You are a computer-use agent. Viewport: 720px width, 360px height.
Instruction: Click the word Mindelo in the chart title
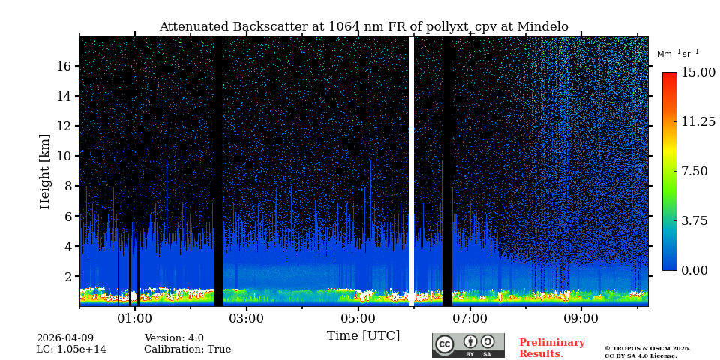point(544,27)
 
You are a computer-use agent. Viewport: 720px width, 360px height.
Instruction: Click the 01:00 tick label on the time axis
point(135,319)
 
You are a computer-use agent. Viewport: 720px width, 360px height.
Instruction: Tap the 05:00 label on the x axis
point(358,319)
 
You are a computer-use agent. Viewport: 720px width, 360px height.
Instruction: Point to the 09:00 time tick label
point(581,319)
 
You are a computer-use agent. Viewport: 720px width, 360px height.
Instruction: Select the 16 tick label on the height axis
point(63,66)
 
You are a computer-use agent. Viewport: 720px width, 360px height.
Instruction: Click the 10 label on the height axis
point(63,156)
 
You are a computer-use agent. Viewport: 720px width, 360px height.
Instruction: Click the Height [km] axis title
point(45,171)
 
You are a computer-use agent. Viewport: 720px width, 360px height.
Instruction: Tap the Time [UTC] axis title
point(364,336)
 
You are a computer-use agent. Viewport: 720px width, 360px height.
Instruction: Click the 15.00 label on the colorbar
point(697,73)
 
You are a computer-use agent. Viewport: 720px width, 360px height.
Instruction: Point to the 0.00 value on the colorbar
point(694,270)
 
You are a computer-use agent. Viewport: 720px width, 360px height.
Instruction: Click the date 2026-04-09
point(65,338)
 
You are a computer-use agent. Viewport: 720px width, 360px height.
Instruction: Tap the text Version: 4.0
point(174,338)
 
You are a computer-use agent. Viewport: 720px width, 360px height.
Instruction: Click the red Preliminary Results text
point(551,348)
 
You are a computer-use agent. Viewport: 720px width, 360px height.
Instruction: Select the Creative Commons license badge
point(468,345)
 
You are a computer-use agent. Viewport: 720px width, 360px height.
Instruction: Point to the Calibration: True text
point(187,349)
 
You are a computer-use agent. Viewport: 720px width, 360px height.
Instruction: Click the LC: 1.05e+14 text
point(71,349)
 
